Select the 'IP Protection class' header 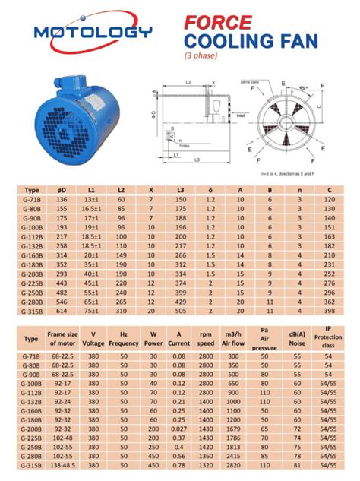click(328, 338)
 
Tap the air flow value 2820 click(233, 465)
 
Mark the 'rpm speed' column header click(206, 338)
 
